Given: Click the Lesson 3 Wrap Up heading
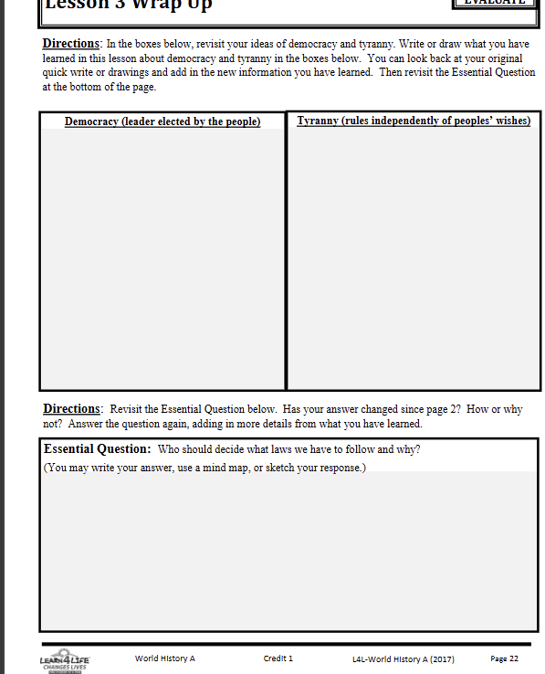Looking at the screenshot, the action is (x=127, y=5).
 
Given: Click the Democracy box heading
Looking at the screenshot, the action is (x=162, y=121).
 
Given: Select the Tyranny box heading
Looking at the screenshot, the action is (x=414, y=121).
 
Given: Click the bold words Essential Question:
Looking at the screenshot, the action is (x=97, y=449).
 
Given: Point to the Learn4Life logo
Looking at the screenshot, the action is (x=63, y=660).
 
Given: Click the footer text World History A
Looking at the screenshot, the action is (x=165, y=658).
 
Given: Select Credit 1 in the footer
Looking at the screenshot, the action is (x=278, y=658).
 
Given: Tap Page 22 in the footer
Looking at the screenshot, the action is (x=504, y=658).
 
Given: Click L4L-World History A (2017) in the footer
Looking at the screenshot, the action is (x=403, y=658).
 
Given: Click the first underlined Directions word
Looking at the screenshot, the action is (x=70, y=44).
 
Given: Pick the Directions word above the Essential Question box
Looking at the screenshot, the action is (x=70, y=409).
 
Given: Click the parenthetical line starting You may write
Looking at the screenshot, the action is (x=204, y=468).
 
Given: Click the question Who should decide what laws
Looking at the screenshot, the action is (x=289, y=449).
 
